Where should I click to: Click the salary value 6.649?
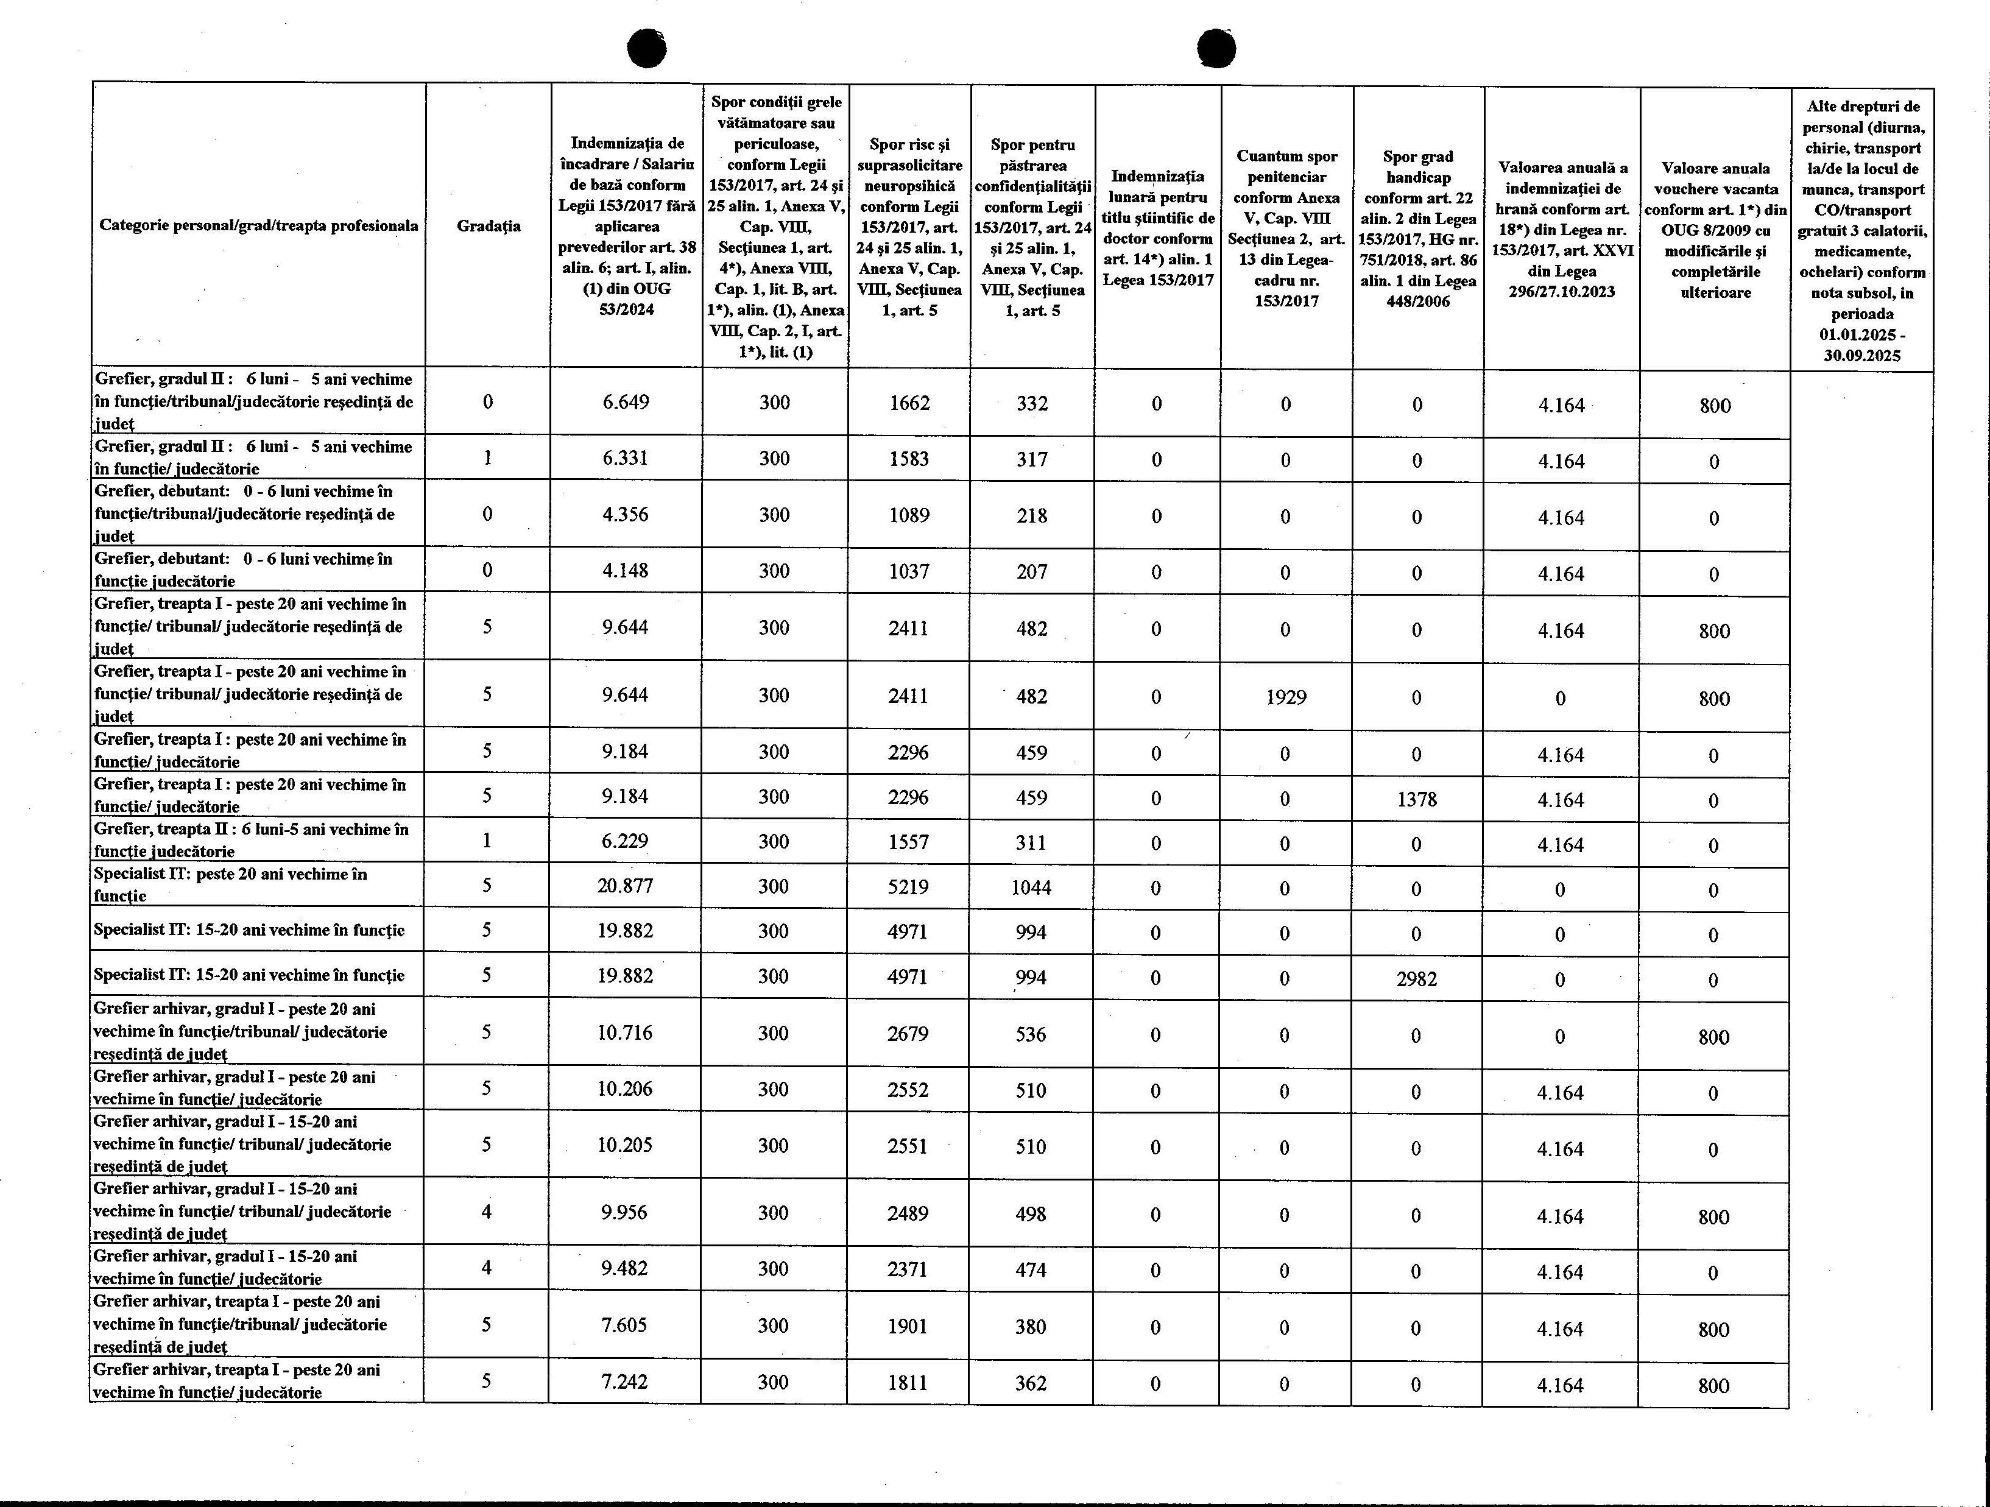(x=625, y=402)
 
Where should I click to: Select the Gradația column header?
(x=489, y=226)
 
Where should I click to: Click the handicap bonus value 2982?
(x=1417, y=978)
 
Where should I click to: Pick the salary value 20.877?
(x=625, y=886)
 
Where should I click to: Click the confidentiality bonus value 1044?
(x=1031, y=887)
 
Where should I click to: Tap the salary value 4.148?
(x=625, y=570)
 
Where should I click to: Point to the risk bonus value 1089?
(x=909, y=515)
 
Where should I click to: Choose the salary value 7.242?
(x=624, y=1382)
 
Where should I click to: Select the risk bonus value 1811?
(x=908, y=1383)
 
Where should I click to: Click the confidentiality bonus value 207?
(x=1032, y=571)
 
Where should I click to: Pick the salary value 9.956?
(x=624, y=1213)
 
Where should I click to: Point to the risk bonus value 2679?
(x=908, y=1034)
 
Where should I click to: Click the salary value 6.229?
(x=625, y=841)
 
